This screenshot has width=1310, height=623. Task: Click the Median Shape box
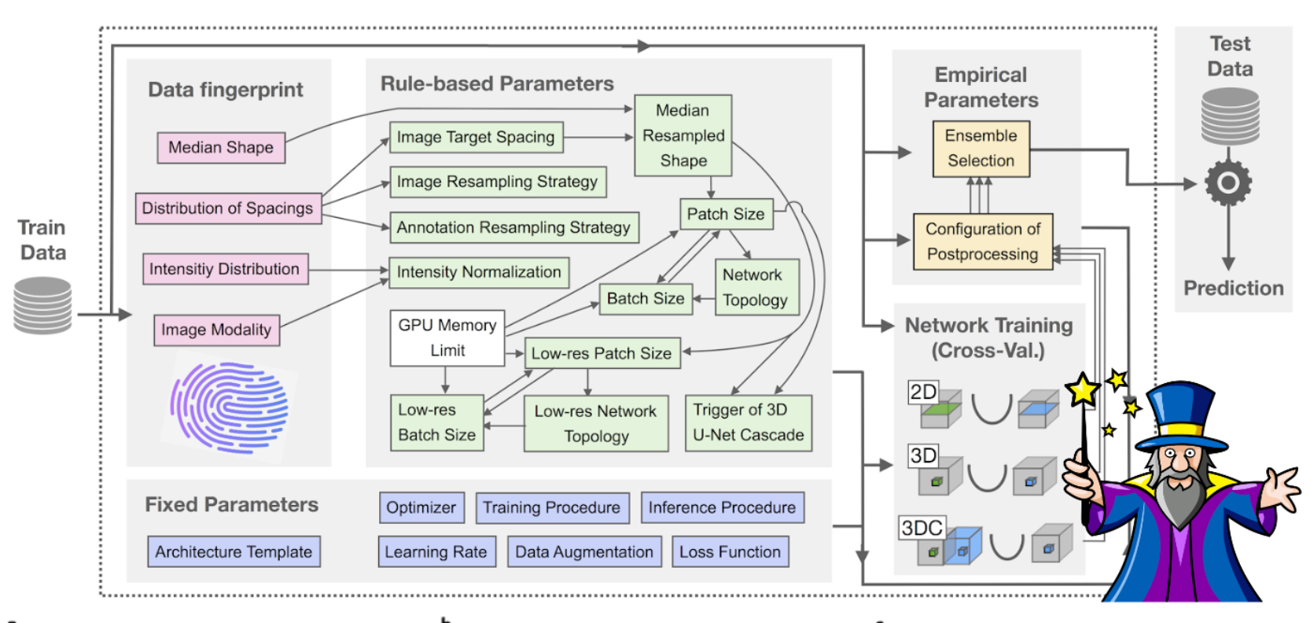tap(221, 148)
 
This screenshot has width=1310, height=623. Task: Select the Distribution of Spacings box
tap(228, 208)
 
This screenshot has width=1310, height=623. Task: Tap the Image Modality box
tap(216, 330)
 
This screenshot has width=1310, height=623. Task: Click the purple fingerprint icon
tap(230, 407)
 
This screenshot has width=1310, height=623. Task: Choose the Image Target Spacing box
tap(476, 138)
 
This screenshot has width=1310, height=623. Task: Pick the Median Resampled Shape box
tap(683, 135)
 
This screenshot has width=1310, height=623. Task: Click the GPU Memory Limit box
tap(447, 337)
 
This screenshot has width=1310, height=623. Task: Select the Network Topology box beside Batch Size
tap(756, 287)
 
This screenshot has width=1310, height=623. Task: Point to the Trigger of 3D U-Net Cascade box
tap(748, 422)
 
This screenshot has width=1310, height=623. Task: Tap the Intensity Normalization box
tap(479, 272)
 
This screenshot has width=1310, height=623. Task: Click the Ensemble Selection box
tap(981, 148)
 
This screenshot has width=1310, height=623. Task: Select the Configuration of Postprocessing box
tap(982, 241)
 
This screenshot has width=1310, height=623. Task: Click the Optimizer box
tap(421, 507)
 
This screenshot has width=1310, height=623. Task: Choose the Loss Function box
tap(730, 552)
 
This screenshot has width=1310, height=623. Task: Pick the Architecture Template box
tap(234, 552)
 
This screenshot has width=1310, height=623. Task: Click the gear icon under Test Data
tap(1228, 183)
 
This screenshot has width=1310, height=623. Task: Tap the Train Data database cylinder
tap(42, 305)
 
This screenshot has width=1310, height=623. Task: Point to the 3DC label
tap(922, 528)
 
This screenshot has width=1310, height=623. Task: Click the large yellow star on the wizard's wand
tap(1083, 389)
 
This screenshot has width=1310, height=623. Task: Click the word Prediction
tap(1233, 289)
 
